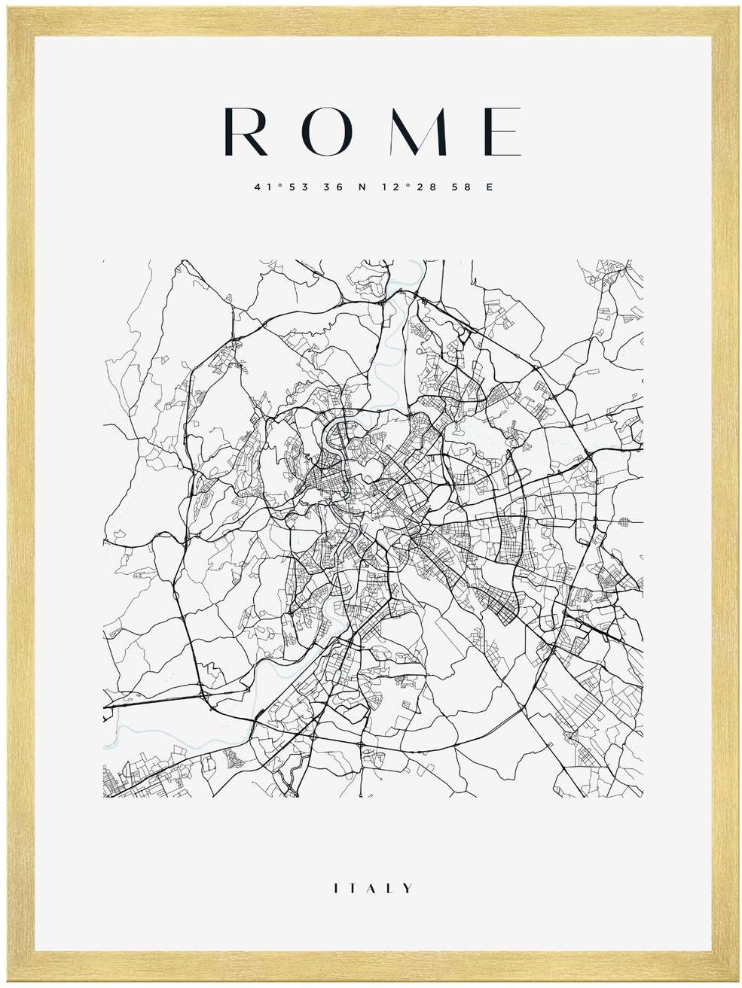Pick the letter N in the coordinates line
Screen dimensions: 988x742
(361, 187)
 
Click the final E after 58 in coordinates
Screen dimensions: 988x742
(490, 187)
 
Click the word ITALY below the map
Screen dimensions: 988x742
(373, 889)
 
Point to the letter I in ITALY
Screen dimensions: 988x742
(336, 889)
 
